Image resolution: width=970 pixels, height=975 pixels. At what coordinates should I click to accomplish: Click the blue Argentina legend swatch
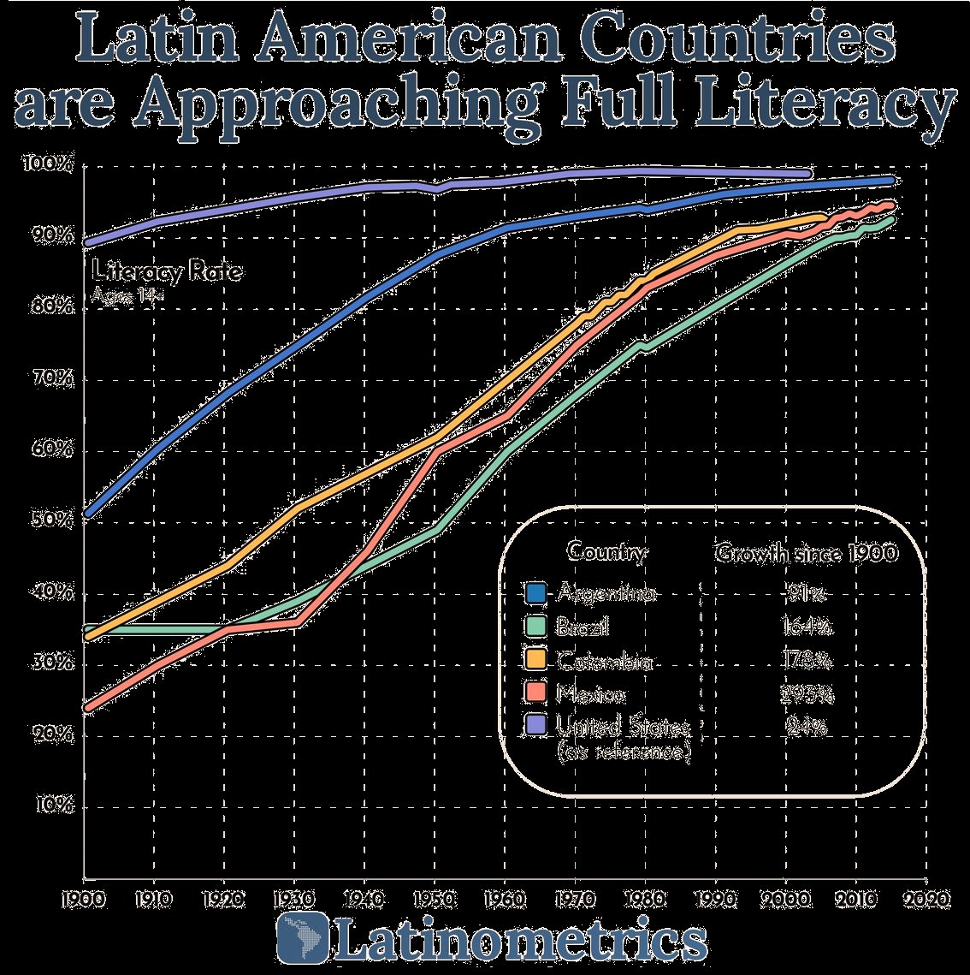coord(535,593)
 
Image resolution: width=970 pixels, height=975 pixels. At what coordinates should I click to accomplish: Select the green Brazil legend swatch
coord(535,627)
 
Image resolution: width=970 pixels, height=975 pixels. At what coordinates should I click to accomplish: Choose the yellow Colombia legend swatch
coord(535,660)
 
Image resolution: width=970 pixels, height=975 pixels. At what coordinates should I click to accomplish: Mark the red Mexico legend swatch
coord(535,693)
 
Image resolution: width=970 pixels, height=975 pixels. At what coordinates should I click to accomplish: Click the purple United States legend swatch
coord(535,726)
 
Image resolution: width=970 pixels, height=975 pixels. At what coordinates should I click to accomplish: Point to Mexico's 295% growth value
coord(807,693)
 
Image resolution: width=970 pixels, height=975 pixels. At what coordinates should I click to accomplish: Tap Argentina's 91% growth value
coord(807,593)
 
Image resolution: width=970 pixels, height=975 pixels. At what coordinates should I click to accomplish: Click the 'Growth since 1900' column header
coord(806,553)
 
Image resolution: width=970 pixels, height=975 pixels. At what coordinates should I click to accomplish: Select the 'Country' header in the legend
coord(606,552)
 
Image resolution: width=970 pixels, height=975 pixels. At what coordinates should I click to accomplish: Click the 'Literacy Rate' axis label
coord(167,272)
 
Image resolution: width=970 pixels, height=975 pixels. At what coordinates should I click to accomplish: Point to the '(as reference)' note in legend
coord(624,752)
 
